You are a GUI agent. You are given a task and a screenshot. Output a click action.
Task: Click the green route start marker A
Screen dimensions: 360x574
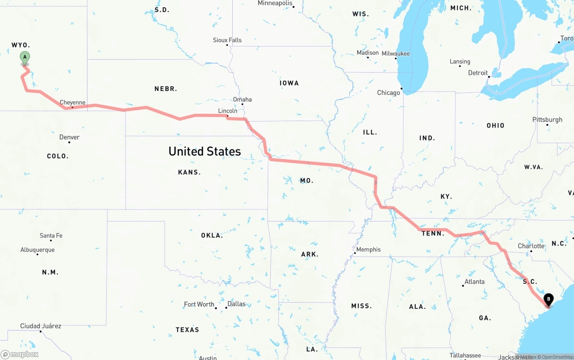pos(25,57)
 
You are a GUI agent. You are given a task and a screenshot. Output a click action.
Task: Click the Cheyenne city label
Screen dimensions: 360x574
pos(72,103)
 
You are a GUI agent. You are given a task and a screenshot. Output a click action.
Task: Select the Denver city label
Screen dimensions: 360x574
pos(70,137)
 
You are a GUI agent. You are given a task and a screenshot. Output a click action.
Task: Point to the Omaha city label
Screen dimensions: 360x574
pos(242,100)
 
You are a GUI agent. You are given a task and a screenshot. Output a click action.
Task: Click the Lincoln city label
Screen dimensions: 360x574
pos(228,111)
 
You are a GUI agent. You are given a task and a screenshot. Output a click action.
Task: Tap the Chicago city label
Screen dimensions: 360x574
pos(388,93)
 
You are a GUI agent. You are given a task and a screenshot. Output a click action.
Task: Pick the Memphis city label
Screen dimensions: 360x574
pos(368,249)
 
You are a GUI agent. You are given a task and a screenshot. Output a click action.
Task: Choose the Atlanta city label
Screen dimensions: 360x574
pos(474,282)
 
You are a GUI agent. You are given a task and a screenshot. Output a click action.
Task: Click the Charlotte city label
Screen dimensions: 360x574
pos(531,246)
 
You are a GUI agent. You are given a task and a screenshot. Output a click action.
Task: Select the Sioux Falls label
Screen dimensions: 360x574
pos(227,40)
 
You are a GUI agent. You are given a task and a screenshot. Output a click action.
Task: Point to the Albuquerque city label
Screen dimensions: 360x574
pos(38,250)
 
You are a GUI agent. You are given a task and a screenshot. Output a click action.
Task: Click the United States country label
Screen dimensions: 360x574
pos(204,152)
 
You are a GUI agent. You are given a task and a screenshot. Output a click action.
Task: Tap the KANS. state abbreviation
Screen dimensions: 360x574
pos(189,172)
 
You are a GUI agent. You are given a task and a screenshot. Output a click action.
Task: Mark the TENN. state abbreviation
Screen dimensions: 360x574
pos(433,233)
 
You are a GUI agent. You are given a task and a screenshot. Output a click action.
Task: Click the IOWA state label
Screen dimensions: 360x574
pos(289,83)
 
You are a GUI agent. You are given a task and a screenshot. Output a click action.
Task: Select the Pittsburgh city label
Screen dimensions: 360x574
pos(547,120)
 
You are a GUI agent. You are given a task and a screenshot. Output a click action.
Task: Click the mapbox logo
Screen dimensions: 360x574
pos(20,354)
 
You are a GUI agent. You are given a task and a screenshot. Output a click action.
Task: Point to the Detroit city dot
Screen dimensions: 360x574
pos(489,77)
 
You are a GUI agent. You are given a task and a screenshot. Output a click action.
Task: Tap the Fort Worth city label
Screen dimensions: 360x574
pos(199,304)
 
